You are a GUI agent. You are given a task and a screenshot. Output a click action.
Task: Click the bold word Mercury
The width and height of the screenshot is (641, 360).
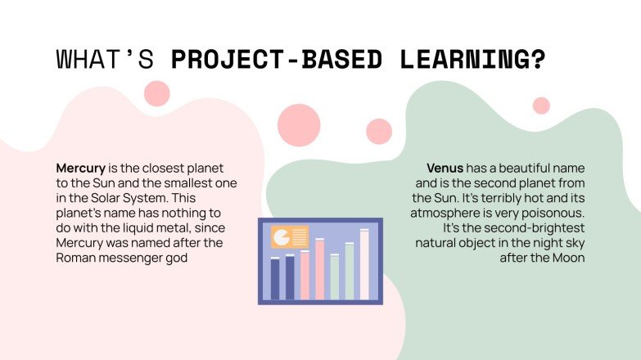tap(80, 168)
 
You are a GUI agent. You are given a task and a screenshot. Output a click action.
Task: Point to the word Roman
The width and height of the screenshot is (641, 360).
tap(75, 258)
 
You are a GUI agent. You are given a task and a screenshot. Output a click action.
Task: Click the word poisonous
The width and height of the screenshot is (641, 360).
tap(566, 213)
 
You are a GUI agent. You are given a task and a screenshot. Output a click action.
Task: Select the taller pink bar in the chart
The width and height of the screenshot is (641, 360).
tap(319, 269)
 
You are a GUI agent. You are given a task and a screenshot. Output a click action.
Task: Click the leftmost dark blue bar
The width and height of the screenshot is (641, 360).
tap(275, 279)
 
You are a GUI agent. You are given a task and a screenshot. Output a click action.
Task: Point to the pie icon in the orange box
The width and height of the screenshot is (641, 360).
tap(282, 237)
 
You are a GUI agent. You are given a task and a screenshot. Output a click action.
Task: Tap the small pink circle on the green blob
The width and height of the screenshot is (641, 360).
tap(541, 106)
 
